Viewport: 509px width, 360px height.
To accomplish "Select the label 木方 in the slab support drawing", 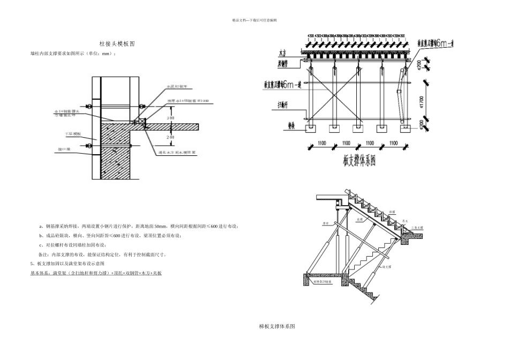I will click(282, 54).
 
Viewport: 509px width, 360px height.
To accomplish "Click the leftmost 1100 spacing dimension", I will click(321, 144).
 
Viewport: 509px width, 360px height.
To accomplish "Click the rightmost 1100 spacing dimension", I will click(394, 144).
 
